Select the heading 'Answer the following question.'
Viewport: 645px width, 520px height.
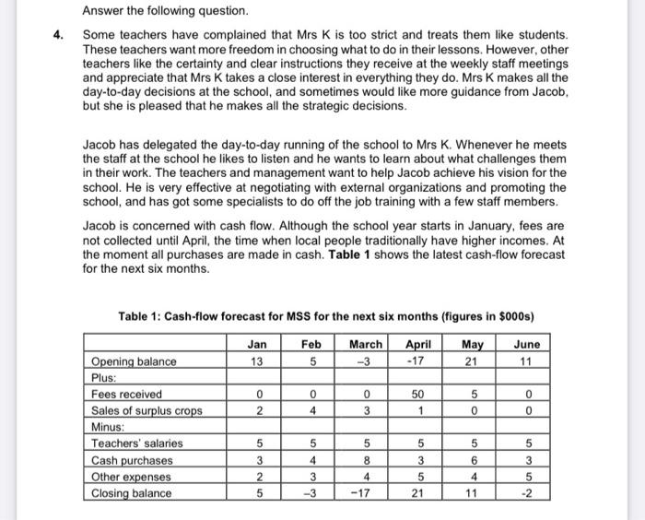click(166, 11)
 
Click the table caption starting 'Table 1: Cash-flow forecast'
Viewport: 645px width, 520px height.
click(326, 317)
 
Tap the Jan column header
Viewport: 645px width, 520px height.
click(257, 344)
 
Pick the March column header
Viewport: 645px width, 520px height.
click(367, 344)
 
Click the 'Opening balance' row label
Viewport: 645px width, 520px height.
click(133, 361)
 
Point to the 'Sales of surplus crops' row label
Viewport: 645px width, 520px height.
click(146, 410)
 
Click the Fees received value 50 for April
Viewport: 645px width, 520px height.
click(416, 395)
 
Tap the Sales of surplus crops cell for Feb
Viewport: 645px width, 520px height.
click(311, 410)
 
